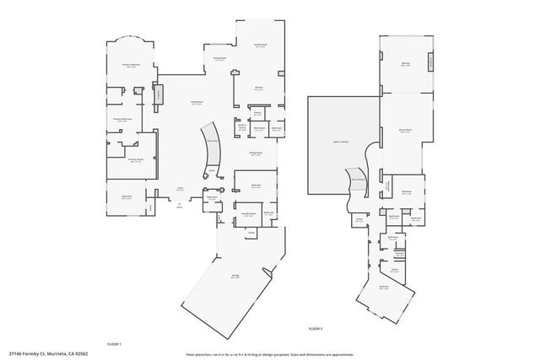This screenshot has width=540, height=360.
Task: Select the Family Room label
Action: click(260, 45)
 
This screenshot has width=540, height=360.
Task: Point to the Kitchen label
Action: click(260, 87)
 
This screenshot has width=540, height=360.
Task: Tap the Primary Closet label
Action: click(135, 159)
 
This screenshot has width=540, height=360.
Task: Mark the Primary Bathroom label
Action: click(124, 121)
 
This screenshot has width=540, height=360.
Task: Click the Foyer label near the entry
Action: click(180, 189)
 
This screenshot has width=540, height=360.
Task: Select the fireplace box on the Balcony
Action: click(433, 62)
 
